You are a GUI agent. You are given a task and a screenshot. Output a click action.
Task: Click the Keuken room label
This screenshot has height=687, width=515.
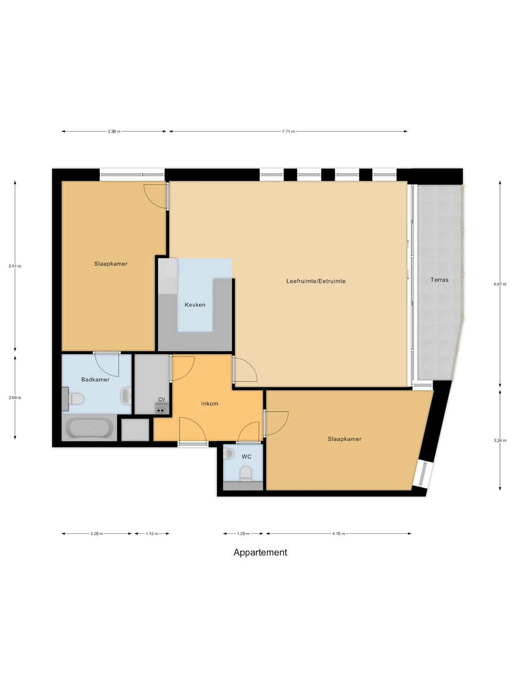pyautogui.click(x=195, y=305)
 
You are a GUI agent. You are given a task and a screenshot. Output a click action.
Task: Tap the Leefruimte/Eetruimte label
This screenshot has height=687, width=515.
pyautogui.click(x=316, y=281)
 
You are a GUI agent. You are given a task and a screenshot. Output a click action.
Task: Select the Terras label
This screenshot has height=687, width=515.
pyautogui.click(x=439, y=280)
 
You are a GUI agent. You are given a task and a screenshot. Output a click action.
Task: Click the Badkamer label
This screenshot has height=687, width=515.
pyautogui.click(x=95, y=380)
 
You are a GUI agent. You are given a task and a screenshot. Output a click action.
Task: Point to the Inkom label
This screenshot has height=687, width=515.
pyautogui.click(x=210, y=404)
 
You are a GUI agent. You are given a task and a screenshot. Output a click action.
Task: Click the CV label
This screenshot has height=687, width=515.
pyautogui.click(x=161, y=399)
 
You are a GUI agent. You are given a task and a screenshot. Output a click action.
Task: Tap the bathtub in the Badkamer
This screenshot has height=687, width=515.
pyautogui.click(x=89, y=428)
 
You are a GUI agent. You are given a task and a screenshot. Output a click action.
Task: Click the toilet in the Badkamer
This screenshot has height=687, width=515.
pyautogui.click(x=76, y=399)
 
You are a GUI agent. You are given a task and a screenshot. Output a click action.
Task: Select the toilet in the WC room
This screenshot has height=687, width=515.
pyautogui.click(x=245, y=474)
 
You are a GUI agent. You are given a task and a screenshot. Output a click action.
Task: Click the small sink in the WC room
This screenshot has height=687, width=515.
pyautogui.click(x=228, y=453)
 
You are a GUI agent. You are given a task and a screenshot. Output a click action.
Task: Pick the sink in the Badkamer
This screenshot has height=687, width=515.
pyautogui.click(x=127, y=396)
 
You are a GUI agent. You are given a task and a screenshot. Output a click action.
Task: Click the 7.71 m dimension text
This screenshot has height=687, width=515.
pyautogui.click(x=288, y=131)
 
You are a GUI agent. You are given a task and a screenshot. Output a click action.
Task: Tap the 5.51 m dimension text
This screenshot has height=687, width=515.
pyautogui.click(x=15, y=267)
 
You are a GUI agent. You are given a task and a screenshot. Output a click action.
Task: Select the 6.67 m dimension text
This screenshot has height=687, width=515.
pyautogui.click(x=500, y=284)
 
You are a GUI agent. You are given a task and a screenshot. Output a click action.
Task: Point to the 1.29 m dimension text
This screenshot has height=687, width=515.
pyautogui.click(x=243, y=534)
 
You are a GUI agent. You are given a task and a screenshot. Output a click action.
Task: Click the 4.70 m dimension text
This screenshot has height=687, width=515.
pyautogui.click(x=339, y=534)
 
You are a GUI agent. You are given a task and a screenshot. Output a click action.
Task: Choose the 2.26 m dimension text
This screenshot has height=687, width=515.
pyautogui.click(x=97, y=534)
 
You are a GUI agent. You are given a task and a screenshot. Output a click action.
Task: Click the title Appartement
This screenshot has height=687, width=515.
pyautogui.click(x=260, y=553)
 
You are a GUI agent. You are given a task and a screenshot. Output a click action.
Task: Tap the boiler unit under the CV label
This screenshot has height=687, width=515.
pyautogui.click(x=161, y=408)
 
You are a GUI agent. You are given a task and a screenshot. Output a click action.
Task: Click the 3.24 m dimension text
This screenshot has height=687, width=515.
pyautogui.click(x=500, y=441)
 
